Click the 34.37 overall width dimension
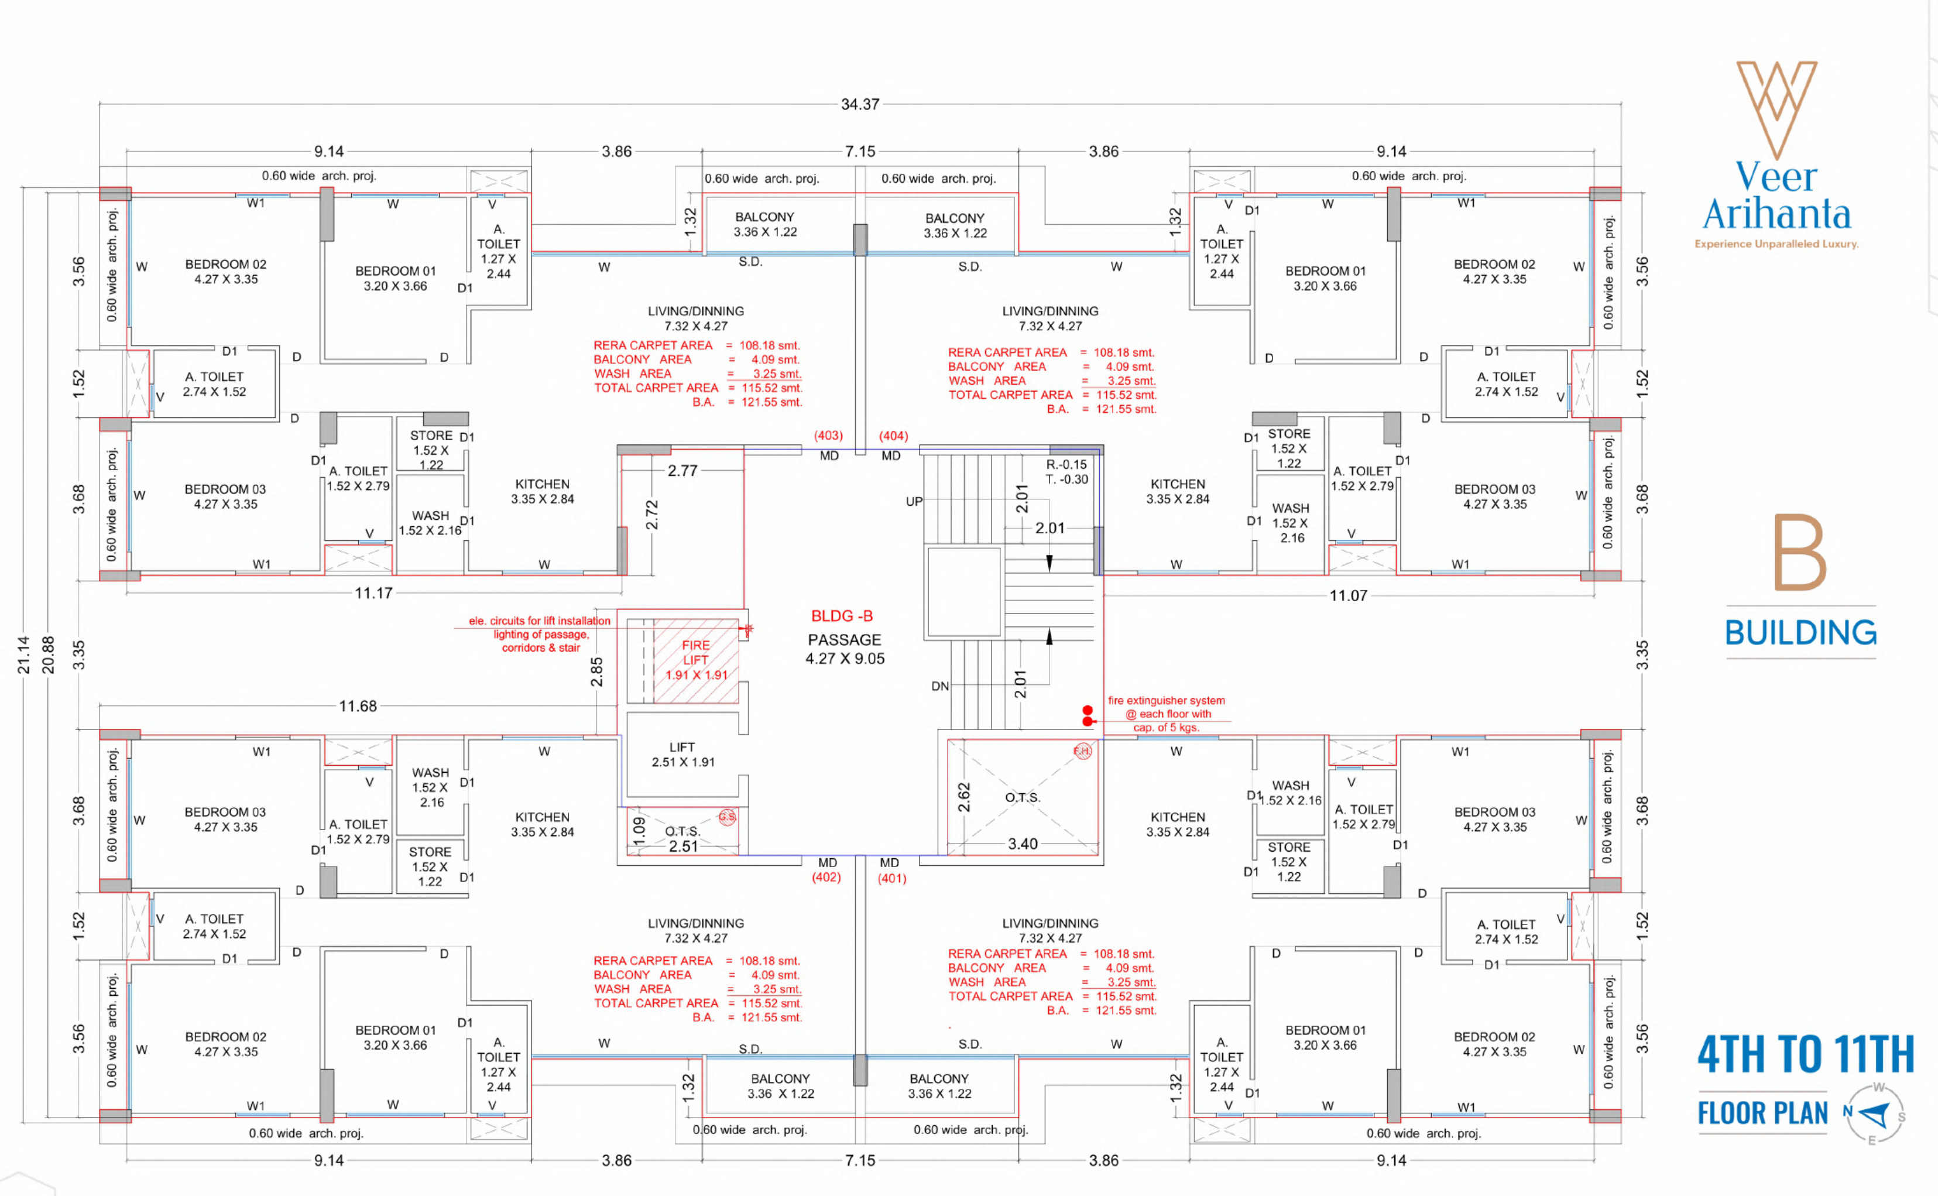point(859,104)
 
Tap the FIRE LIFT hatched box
point(696,660)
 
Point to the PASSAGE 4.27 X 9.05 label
point(845,649)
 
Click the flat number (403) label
point(828,436)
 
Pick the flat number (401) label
point(892,878)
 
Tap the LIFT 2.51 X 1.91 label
point(682,755)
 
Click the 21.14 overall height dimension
point(24,655)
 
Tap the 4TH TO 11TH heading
point(1806,1054)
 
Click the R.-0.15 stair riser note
point(1066,464)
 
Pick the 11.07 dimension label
point(1348,595)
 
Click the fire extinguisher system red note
point(1167,714)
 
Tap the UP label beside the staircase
point(914,502)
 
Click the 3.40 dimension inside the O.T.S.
point(1023,844)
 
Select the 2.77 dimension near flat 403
point(682,471)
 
